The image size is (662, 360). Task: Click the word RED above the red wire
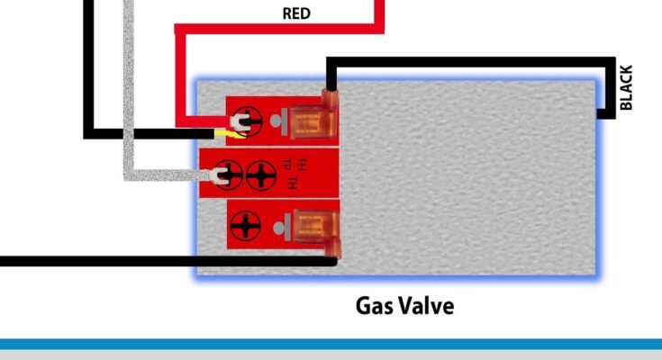click(298, 13)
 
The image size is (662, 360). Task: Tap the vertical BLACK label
click(627, 87)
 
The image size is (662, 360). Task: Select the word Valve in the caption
click(427, 306)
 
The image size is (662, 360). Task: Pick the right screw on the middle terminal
click(259, 173)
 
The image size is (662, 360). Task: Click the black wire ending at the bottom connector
click(135, 262)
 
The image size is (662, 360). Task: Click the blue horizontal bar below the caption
click(331, 344)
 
